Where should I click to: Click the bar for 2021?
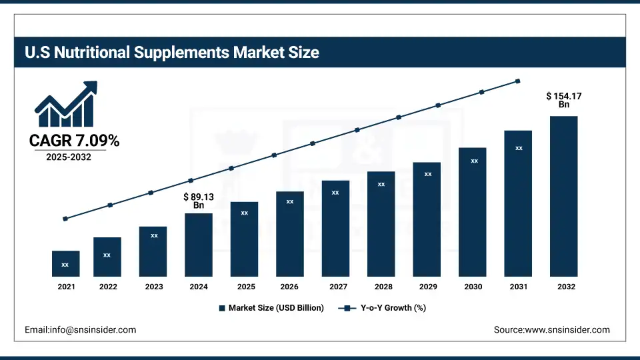(x=65, y=263)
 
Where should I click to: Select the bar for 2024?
(x=199, y=245)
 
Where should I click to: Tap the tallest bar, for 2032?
(x=563, y=196)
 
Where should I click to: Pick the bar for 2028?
(x=381, y=223)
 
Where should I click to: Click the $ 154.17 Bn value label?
(x=563, y=100)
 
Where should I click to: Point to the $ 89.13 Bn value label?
(x=199, y=201)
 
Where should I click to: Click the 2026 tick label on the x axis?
(x=289, y=287)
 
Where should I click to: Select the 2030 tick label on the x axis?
(x=473, y=287)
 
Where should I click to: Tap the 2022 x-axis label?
(x=108, y=287)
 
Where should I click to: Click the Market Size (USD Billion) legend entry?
(x=271, y=308)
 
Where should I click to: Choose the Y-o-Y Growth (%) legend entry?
(x=383, y=308)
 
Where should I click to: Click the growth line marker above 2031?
(x=518, y=81)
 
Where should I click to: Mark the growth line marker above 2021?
(x=65, y=219)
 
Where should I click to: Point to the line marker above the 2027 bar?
(x=357, y=130)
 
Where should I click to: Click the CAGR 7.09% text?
(x=74, y=141)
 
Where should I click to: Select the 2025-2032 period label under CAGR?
(x=69, y=157)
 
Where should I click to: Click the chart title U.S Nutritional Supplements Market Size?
(x=172, y=52)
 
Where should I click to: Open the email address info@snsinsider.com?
(x=80, y=329)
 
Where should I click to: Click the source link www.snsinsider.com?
(x=551, y=329)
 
